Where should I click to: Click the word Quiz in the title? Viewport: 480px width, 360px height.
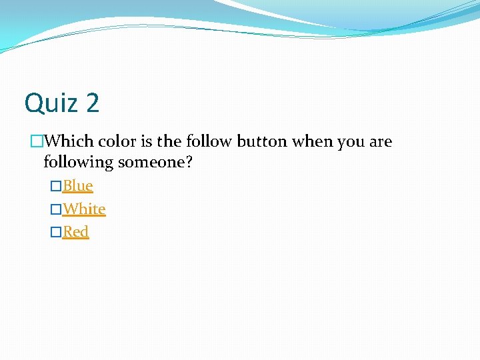click(52, 103)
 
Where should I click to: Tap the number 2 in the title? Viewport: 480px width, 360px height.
click(92, 103)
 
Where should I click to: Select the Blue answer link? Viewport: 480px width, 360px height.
click(77, 185)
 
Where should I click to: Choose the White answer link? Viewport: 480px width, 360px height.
click(84, 209)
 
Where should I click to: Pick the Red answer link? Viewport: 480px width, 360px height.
click(75, 231)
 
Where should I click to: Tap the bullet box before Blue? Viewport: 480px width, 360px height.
click(56, 186)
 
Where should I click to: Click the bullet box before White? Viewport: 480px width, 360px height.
click(56, 209)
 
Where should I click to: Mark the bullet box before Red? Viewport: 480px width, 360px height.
click(56, 232)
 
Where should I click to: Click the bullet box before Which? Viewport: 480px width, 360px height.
click(37, 141)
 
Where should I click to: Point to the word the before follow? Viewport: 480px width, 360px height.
click(169, 141)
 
